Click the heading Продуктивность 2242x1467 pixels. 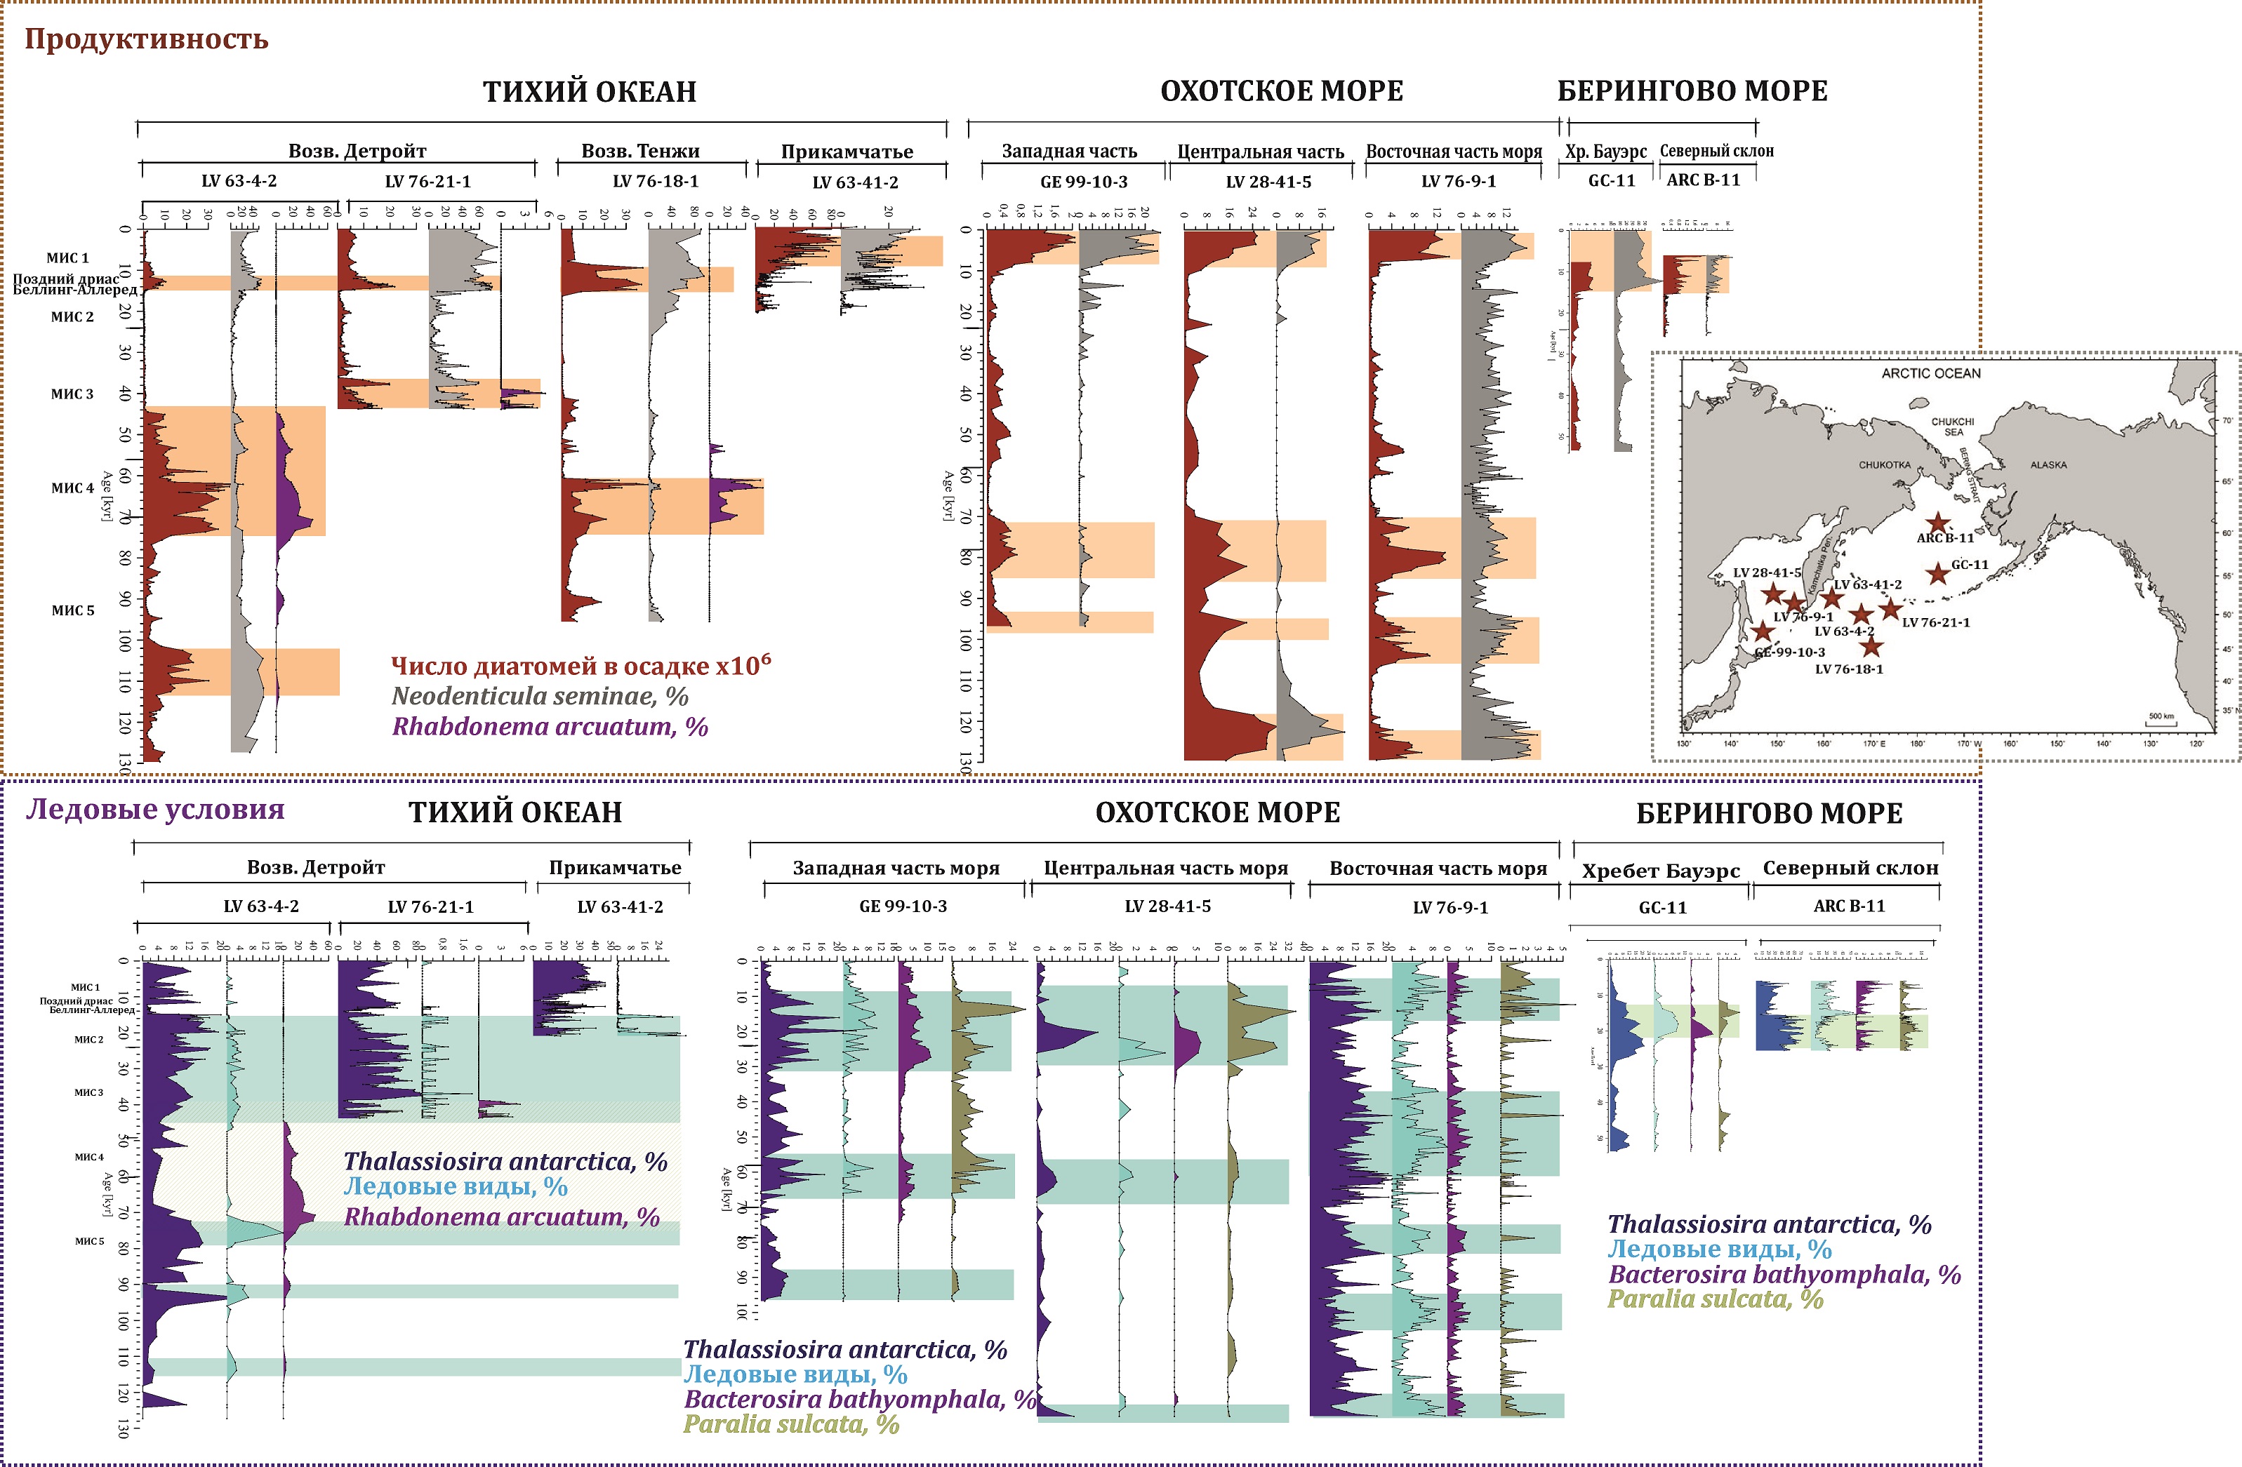146,39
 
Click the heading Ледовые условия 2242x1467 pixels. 154,809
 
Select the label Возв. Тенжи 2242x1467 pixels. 641,151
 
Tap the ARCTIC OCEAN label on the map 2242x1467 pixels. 1930,374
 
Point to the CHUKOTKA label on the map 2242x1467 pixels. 1884,465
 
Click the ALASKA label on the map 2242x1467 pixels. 2048,465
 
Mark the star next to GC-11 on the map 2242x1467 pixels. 1937,573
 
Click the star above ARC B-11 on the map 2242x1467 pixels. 1937,523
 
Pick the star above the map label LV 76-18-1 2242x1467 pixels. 1870,646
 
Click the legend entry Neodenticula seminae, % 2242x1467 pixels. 540,696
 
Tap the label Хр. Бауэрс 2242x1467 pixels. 1605,151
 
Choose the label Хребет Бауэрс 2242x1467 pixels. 1660,870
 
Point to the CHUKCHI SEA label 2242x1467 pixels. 1952,427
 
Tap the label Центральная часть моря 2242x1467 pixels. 1165,868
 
